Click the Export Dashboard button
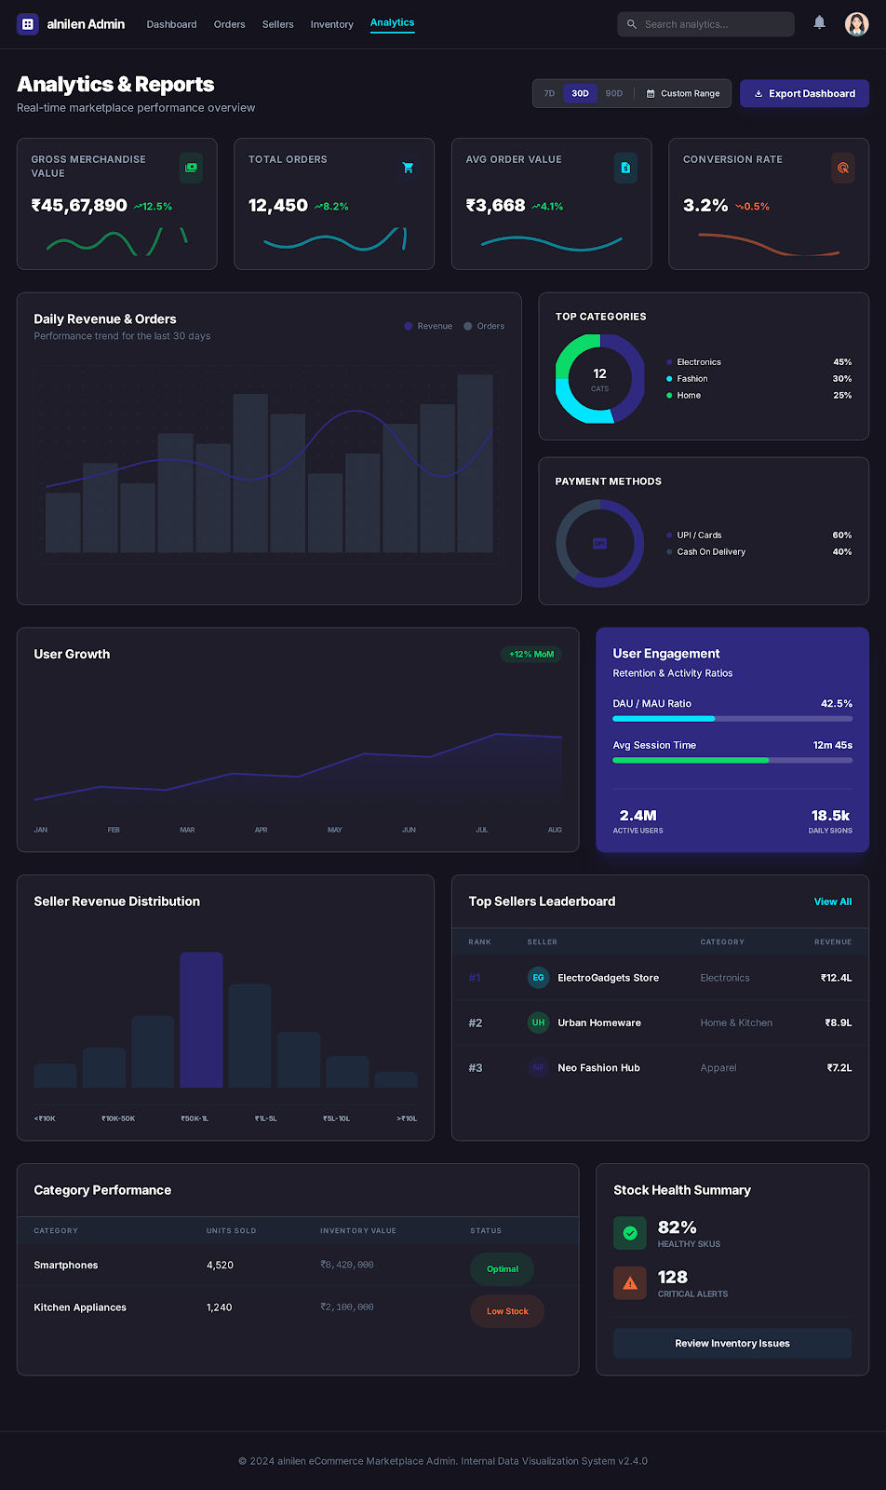point(804,93)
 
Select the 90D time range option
point(613,93)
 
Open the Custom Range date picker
point(683,93)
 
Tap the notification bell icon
point(819,22)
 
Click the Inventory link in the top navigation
point(331,24)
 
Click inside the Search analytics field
point(712,24)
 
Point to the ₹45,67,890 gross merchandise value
point(79,205)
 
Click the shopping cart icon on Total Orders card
point(408,168)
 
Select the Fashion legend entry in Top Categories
point(691,379)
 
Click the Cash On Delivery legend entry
point(710,552)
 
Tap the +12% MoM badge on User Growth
point(531,654)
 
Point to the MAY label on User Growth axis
point(335,830)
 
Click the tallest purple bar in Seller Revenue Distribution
point(201,1019)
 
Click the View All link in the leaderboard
point(832,901)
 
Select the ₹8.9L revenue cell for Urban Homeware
point(838,1023)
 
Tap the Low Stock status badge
point(507,1311)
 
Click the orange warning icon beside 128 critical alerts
point(630,1283)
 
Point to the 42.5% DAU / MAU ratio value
point(836,704)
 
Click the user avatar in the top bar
point(856,24)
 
